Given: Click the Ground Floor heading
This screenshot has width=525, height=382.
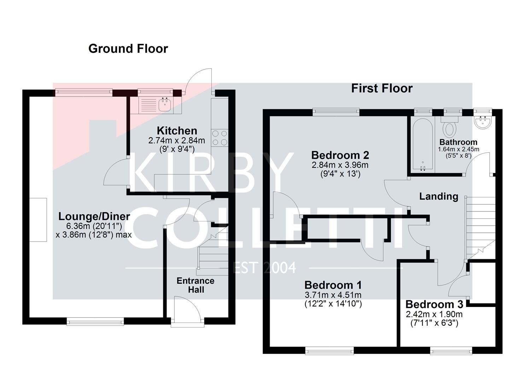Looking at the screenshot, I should pos(128,48).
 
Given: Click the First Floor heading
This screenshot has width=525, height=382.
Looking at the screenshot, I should pos(381,88).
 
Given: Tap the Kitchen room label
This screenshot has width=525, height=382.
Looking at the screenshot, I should pos(177,131).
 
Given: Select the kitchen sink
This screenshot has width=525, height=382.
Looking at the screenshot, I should pos(165,104).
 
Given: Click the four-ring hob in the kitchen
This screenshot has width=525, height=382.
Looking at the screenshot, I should pos(220,138).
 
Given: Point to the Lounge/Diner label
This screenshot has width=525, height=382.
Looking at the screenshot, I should pos(94,216).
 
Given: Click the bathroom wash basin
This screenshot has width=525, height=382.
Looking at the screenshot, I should pos(483,122).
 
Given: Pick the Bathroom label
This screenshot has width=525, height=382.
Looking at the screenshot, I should pos(458,142).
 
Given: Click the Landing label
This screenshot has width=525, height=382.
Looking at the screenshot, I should pos(438,196).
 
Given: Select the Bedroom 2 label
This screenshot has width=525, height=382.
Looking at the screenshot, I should pos(340,155).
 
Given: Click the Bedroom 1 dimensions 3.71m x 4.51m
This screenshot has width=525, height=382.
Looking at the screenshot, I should pos(333,295).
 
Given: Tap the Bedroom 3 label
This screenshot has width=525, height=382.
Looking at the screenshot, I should pos(434,304).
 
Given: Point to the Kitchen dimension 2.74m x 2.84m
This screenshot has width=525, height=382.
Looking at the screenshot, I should pos(176,140).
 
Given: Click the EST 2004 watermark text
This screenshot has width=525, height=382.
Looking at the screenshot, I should pos(265,268).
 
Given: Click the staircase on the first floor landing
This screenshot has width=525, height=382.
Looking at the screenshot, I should pos(479,226).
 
